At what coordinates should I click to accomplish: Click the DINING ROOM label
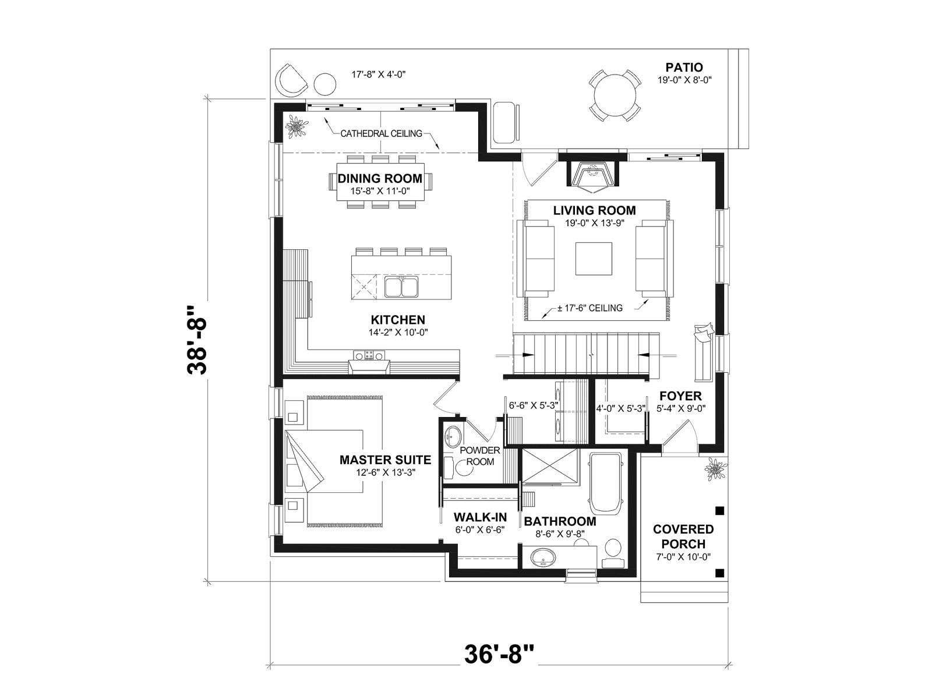point(380,178)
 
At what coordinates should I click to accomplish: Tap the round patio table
point(615,96)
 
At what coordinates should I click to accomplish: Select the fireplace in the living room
point(592,174)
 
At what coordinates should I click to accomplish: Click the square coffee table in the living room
point(593,259)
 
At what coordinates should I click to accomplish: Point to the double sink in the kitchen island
point(401,287)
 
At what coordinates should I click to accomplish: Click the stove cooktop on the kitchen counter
point(369,355)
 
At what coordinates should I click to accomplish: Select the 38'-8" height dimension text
point(196,340)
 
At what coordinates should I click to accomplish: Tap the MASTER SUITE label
point(385,460)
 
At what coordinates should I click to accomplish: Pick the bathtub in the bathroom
point(605,483)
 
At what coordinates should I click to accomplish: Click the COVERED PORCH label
point(683,536)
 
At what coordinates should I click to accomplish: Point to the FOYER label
point(680,396)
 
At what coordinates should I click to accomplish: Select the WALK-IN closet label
point(480,517)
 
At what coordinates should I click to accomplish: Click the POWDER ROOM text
point(480,456)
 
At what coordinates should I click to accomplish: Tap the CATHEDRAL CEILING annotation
point(382,134)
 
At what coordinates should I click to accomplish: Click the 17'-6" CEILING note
point(589,308)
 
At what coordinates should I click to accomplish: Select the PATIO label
point(684,67)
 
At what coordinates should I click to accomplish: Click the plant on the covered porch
point(715,469)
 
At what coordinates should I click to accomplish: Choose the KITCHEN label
point(398,320)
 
